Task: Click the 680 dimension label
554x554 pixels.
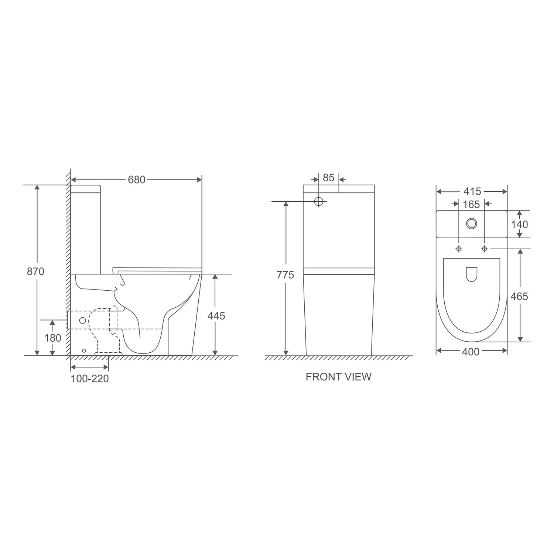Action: (x=137, y=180)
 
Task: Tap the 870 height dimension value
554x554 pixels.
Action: (x=35, y=271)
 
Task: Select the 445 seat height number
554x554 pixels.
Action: (x=216, y=316)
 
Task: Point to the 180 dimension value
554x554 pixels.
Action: (x=53, y=338)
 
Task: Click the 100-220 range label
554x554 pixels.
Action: (x=90, y=379)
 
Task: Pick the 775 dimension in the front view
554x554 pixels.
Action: (x=285, y=275)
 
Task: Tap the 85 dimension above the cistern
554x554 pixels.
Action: (x=328, y=178)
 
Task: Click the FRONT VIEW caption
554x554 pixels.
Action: (x=338, y=377)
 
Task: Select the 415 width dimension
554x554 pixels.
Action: (x=472, y=191)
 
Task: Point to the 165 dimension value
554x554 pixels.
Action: (x=471, y=204)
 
